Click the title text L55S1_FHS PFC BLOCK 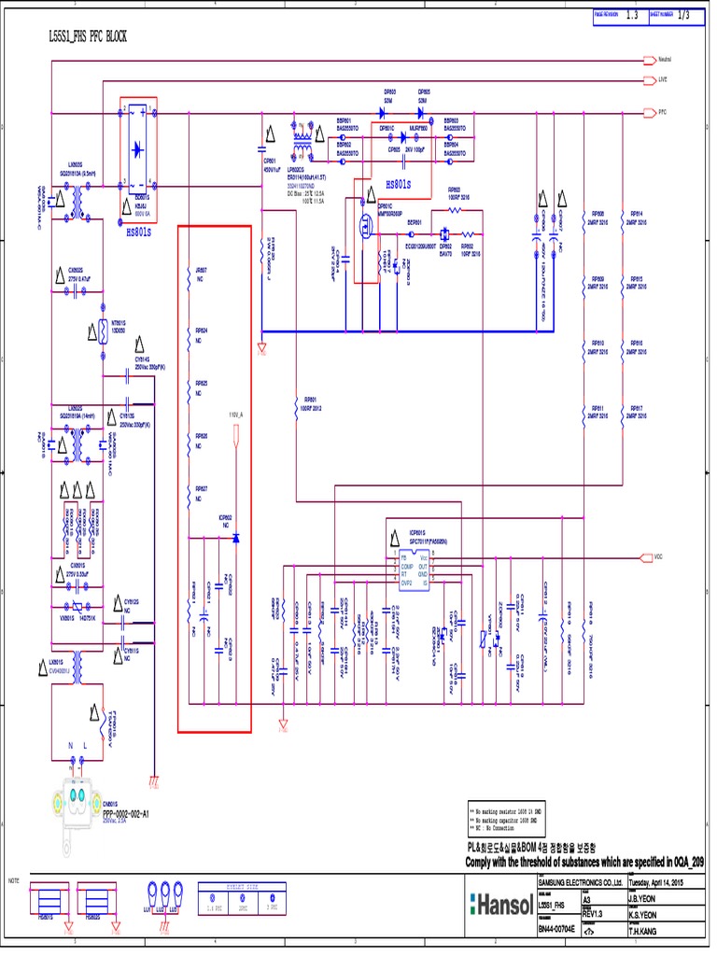point(87,35)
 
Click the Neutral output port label point(665,59)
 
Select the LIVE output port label point(662,80)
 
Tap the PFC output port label point(661,111)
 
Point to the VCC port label point(658,557)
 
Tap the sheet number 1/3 point(683,15)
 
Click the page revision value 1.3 point(632,15)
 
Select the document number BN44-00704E point(557,929)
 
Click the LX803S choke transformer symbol point(77,202)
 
